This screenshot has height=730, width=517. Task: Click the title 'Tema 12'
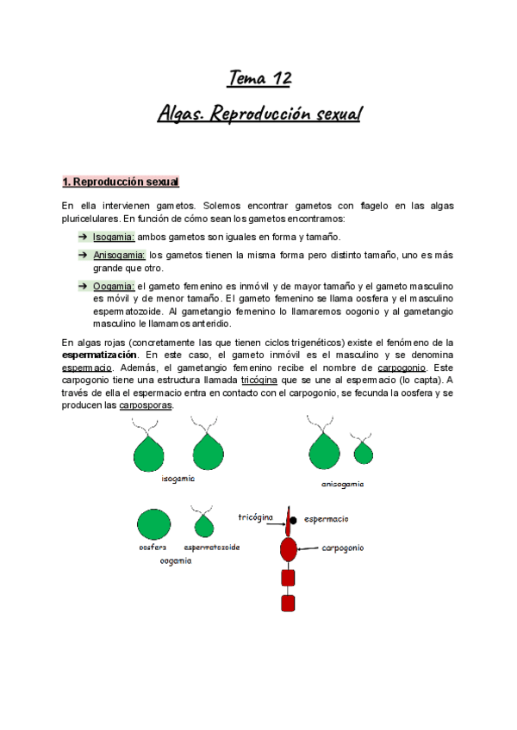(259, 78)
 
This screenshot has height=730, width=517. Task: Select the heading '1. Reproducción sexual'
(120, 182)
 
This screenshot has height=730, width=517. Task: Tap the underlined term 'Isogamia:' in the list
(113, 237)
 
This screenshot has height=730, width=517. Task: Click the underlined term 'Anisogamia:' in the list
(119, 256)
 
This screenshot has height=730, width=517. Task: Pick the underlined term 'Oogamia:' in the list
(114, 286)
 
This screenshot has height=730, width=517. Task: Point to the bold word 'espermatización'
(99, 355)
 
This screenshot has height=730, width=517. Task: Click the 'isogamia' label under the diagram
(178, 479)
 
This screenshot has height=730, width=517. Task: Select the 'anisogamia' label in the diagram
(343, 484)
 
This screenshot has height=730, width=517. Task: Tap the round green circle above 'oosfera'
(153, 524)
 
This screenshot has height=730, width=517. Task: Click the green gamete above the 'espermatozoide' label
(205, 523)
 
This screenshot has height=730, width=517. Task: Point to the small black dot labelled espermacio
(294, 520)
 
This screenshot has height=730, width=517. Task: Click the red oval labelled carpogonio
(288, 547)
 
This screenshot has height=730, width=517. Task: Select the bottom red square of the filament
(288, 603)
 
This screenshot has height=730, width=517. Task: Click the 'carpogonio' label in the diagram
(343, 547)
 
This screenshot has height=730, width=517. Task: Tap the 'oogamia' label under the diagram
(176, 560)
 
